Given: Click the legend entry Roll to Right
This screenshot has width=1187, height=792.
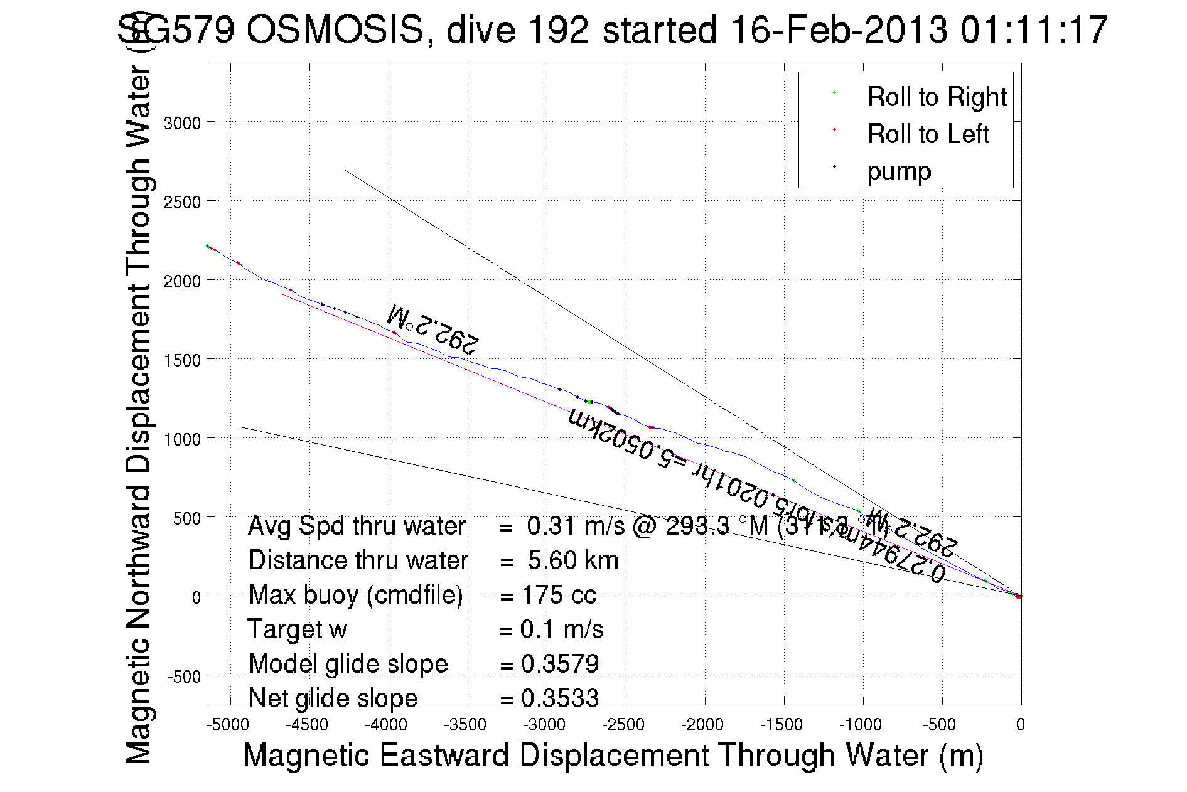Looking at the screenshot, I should tap(936, 97).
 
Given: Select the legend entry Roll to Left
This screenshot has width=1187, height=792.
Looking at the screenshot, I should tap(928, 134).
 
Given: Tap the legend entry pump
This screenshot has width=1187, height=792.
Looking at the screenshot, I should tap(899, 171).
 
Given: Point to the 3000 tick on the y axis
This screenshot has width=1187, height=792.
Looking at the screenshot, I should tap(182, 123).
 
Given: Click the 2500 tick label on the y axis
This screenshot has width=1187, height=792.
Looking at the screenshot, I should tap(182, 202).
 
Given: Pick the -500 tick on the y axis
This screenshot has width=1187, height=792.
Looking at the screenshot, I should tap(184, 677).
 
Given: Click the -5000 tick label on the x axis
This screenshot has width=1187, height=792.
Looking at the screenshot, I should tap(228, 725).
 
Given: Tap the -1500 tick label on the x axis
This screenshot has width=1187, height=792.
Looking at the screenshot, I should tap(781, 725).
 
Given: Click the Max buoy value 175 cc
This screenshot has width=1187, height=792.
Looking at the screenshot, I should tap(558, 595).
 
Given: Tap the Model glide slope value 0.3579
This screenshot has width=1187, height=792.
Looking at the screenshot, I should tap(560, 664).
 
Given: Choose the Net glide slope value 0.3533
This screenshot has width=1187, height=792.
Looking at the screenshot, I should tap(560, 698).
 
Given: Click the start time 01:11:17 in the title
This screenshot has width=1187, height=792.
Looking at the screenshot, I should tap(1033, 30).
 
